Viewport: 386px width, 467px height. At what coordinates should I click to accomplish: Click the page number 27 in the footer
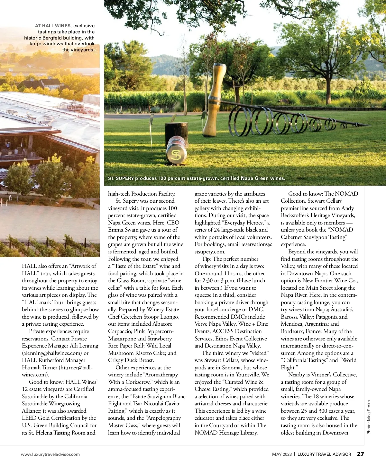click(360, 454)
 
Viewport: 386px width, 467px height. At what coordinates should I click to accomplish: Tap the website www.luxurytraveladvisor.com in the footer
click(50, 454)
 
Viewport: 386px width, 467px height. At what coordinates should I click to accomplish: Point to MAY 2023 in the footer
click(282, 454)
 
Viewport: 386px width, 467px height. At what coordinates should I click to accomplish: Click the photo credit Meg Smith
click(369, 417)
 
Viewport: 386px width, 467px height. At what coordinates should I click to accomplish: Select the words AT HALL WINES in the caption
click(53, 26)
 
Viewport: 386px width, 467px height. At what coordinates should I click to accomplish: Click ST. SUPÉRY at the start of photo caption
click(121, 178)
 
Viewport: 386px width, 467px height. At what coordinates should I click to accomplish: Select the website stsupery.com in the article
click(210, 252)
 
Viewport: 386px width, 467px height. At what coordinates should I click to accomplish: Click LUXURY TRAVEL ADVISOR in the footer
click(324, 454)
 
